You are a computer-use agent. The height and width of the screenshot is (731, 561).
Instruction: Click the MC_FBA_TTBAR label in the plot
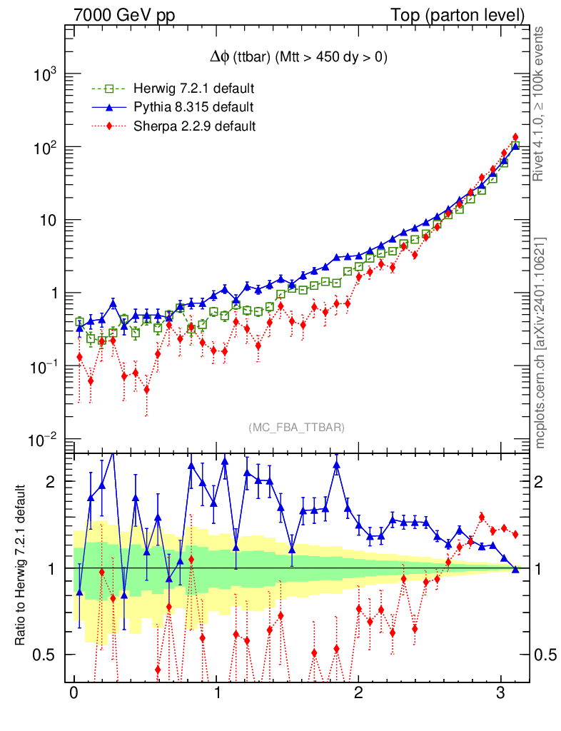click(297, 427)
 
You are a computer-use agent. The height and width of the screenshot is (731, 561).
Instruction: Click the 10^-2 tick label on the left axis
click(47, 440)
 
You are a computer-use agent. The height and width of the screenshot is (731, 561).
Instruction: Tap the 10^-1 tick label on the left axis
click(47, 368)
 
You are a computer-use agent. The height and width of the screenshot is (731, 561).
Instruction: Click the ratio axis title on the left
click(21, 566)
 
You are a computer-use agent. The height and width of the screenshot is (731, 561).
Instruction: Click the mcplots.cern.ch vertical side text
click(542, 343)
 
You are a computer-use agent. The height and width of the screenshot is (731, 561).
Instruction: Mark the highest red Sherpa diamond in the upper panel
click(515, 137)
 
